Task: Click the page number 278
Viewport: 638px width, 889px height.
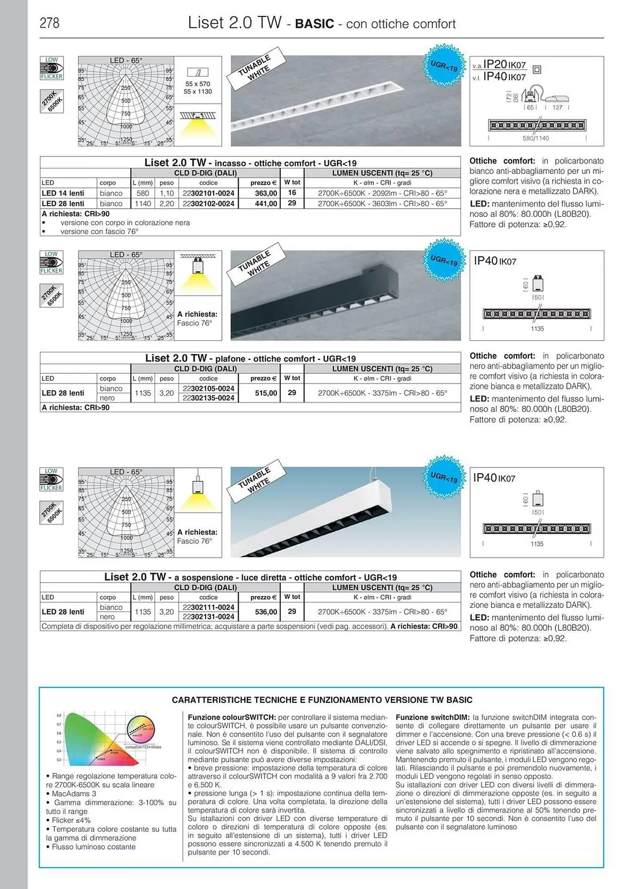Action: pyautogui.click(x=49, y=23)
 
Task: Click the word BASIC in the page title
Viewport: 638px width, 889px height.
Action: pyautogui.click(x=314, y=24)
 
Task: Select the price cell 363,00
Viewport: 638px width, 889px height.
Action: pyautogui.click(x=266, y=193)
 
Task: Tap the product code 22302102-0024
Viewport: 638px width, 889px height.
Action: pyautogui.click(x=208, y=204)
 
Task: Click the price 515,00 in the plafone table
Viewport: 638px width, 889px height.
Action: pyautogui.click(x=266, y=393)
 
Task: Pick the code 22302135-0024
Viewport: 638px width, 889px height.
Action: pyautogui.click(x=208, y=398)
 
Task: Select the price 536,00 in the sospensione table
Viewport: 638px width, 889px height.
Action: pyautogui.click(x=266, y=612)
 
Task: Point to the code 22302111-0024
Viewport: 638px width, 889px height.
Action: pyautogui.click(x=208, y=607)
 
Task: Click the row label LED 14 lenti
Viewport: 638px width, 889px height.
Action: pyautogui.click(x=63, y=193)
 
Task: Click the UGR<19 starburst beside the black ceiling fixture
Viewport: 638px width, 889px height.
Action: pyautogui.click(x=444, y=260)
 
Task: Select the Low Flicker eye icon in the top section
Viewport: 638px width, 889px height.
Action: pyautogui.click(x=52, y=68)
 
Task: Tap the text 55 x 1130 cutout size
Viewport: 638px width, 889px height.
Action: pyautogui.click(x=198, y=92)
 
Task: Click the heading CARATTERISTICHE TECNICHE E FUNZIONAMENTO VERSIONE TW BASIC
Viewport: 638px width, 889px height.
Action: pyautogui.click(x=321, y=700)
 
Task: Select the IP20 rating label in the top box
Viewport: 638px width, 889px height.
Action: pyautogui.click(x=494, y=64)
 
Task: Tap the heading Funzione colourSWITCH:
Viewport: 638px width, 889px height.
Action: pyautogui.click(x=231, y=717)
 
